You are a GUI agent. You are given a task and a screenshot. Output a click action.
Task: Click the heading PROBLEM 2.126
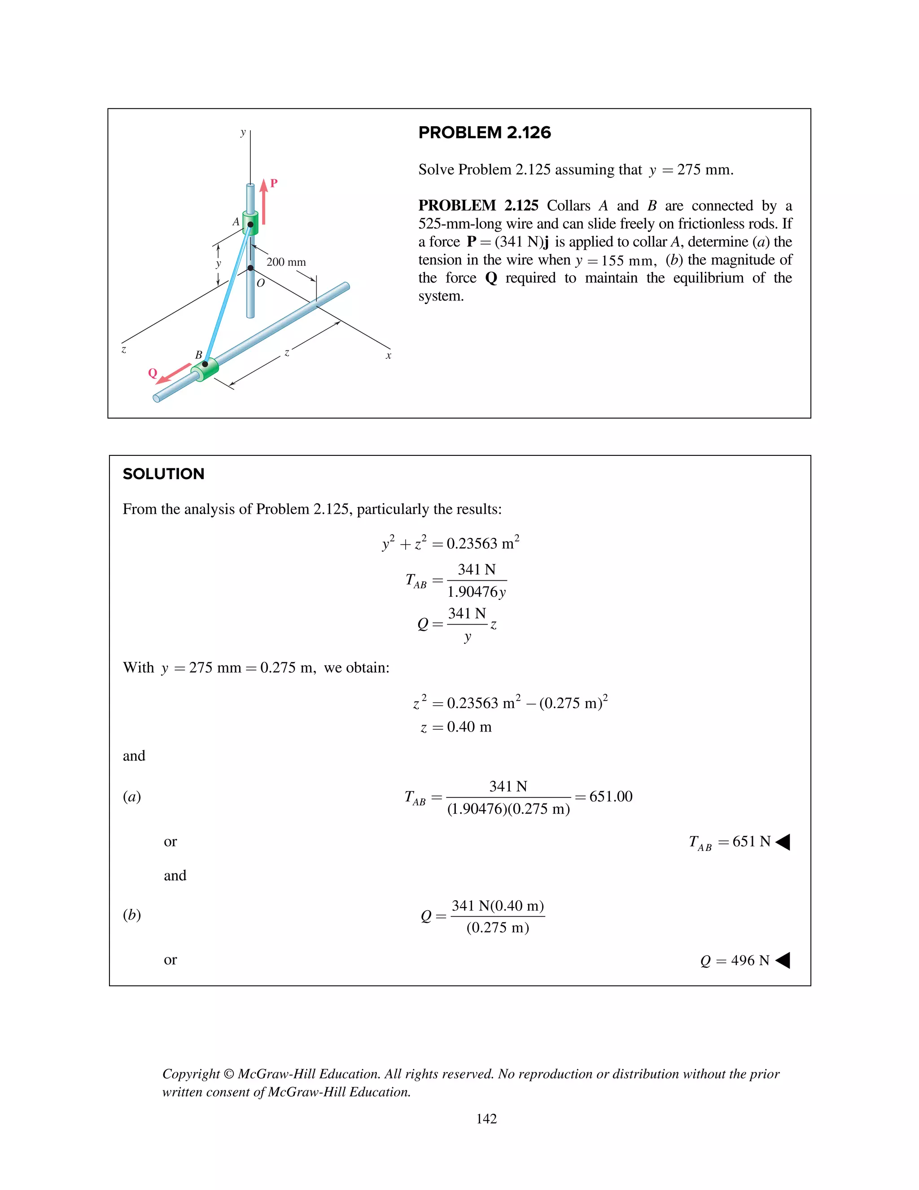(484, 132)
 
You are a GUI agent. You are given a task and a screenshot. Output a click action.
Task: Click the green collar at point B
(205, 370)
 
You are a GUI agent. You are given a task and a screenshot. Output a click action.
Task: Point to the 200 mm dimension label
(286, 262)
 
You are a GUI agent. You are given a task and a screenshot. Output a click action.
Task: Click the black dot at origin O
(250, 268)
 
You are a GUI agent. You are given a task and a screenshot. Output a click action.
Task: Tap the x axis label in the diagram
(388, 356)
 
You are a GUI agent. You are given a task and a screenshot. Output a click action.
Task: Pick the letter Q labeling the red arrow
(153, 373)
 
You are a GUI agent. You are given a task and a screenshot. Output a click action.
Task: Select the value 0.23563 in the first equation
(472, 544)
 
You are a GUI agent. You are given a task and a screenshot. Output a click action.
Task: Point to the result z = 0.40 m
(456, 727)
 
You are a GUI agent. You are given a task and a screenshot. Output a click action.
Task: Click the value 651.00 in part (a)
(610, 797)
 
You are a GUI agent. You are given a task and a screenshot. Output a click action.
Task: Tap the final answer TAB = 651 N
(730, 842)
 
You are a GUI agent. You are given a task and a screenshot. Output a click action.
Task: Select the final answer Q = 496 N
(735, 960)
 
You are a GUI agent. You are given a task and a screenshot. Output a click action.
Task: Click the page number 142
(486, 1119)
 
